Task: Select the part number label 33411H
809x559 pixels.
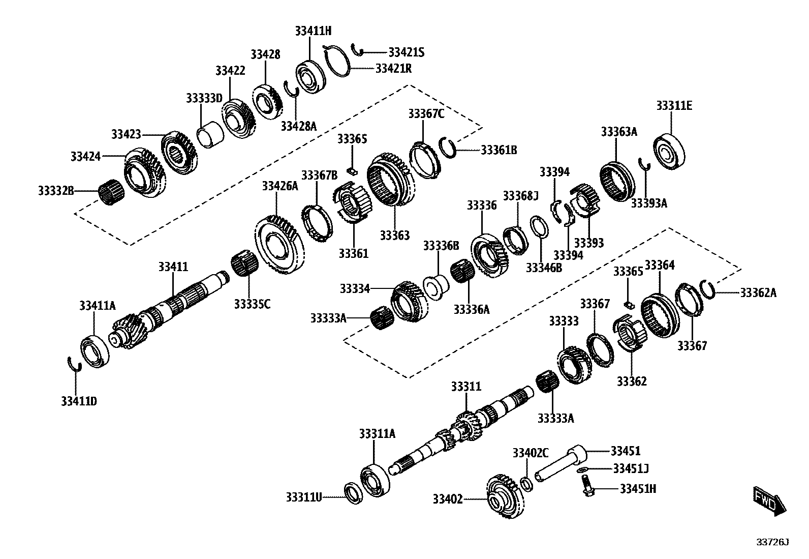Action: click(313, 31)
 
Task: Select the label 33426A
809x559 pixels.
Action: click(279, 186)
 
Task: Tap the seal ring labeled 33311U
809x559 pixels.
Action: click(353, 492)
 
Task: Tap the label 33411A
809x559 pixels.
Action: click(97, 305)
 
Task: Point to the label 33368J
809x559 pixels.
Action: click(520, 196)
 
